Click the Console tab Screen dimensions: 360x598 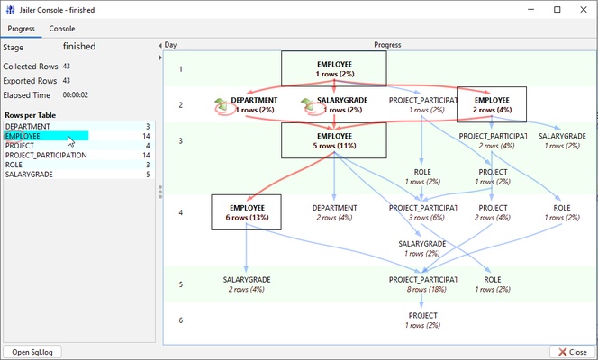pyautogui.click(x=62, y=29)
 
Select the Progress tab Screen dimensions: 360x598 pyautogui.click(x=21, y=29)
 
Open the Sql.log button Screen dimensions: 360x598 pyautogui.click(x=32, y=352)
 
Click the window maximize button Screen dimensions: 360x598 pyautogui.click(x=557, y=9)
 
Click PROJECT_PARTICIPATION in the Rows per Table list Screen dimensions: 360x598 pyautogui.click(x=46, y=155)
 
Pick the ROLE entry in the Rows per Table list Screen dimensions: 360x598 pyautogui.click(x=14, y=165)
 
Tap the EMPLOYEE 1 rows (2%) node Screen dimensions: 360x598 pyautogui.click(x=334, y=68)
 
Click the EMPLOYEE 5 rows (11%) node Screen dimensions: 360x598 pyautogui.click(x=334, y=140)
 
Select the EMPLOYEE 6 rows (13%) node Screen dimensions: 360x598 pyautogui.click(x=247, y=212)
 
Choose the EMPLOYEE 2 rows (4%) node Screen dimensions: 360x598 pyautogui.click(x=492, y=104)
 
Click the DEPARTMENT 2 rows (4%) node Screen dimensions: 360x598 pyautogui.click(x=334, y=212)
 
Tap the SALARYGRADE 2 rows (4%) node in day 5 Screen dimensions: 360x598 pyautogui.click(x=247, y=284)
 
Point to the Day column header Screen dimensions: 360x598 pyautogui.click(x=171, y=44)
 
